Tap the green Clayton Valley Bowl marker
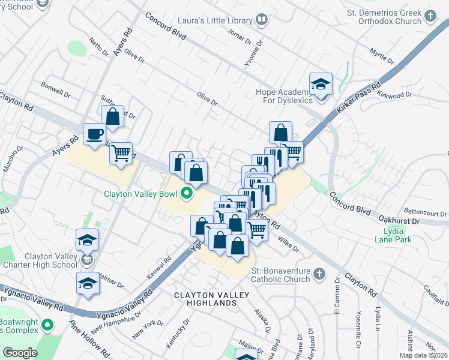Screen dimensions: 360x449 186,193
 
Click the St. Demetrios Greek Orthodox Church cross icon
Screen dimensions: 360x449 430,16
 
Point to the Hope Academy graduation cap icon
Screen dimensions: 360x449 321,84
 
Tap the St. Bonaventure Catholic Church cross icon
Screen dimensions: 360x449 319,274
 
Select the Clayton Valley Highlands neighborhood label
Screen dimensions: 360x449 206,299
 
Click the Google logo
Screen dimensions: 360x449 20,352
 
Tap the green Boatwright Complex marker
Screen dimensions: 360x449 47,326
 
